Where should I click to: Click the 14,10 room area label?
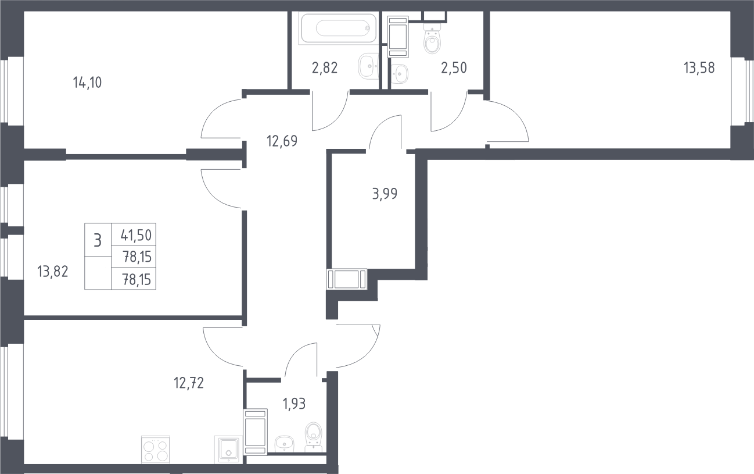(x=87, y=83)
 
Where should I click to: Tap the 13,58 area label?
(x=699, y=68)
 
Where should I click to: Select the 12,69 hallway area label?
(x=282, y=141)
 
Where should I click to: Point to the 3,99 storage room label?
(x=385, y=194)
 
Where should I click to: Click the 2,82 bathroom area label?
(x=325, y=68)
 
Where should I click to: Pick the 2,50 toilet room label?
(x=454, y=68)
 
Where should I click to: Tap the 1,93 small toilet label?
(x=295, y=404)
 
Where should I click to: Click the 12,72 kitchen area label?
(x=189, y=383)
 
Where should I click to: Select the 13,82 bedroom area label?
(x=53, y=272)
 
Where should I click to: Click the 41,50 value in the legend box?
(x=136, y=236)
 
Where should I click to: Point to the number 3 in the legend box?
(x=98, y=241)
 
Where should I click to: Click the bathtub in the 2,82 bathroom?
(x=338, y=28)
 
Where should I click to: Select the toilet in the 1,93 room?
(x=313, y=437)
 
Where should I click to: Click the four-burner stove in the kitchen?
(x=156, y=450)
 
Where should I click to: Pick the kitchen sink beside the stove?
(x=228, y=450)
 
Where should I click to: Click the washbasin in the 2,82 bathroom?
(x=369, y=66)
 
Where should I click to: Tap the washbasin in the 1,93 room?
(x=285, y=444)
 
